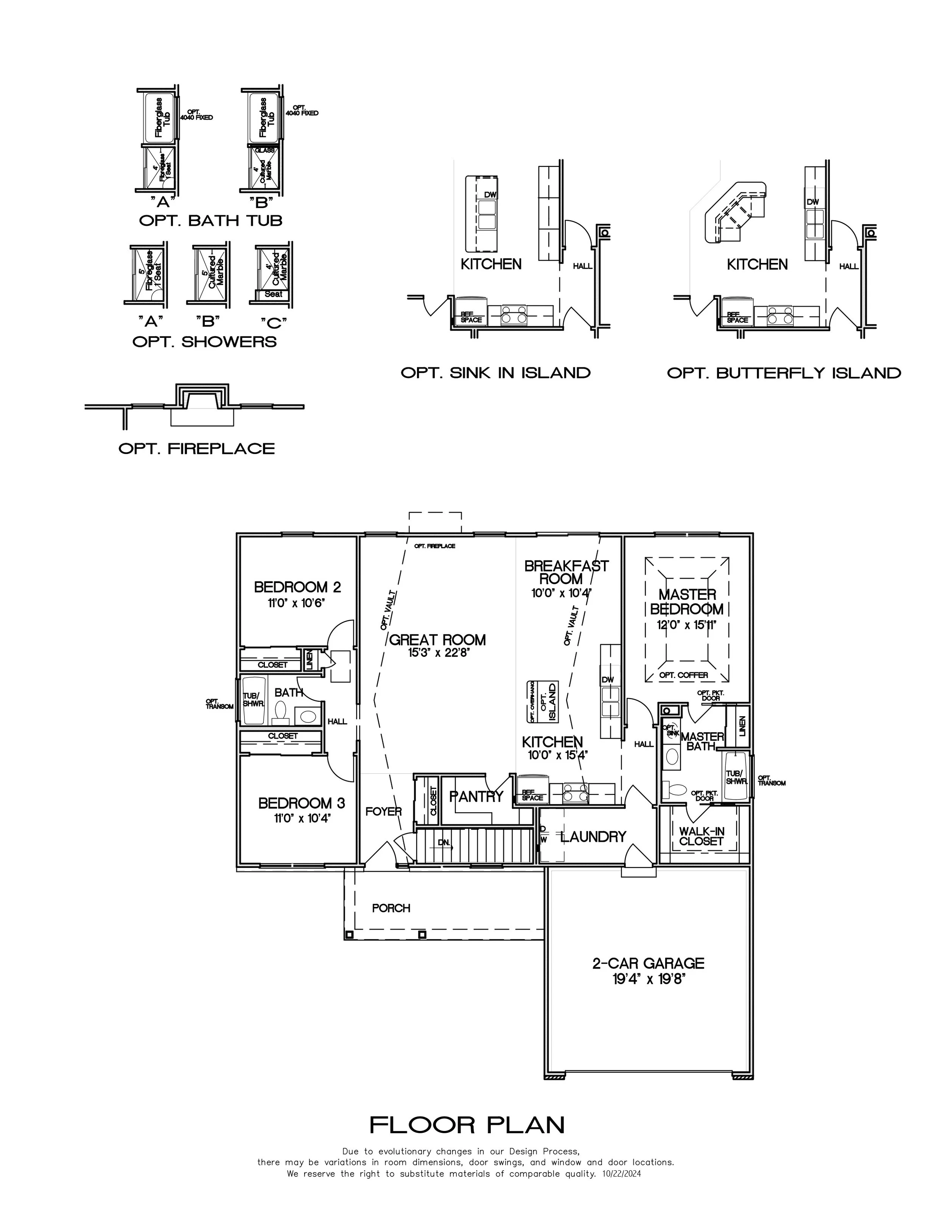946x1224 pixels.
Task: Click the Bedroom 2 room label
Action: coord(297,587)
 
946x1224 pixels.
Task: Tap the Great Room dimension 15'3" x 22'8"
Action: coord(437,652)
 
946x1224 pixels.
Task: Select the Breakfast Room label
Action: coord(566,572)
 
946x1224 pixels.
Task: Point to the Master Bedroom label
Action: coord(687,602)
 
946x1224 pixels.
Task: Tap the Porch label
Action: coord(391,908)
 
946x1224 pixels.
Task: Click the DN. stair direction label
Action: coord(443,842)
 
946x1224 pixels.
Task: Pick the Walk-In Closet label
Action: coord(701,836)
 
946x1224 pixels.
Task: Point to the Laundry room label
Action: coord(593,837)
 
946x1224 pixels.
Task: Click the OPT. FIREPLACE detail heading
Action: coord(196,448)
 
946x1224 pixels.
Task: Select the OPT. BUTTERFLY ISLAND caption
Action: coord(783,373)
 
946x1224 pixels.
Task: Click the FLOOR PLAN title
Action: coord(467,1125)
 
